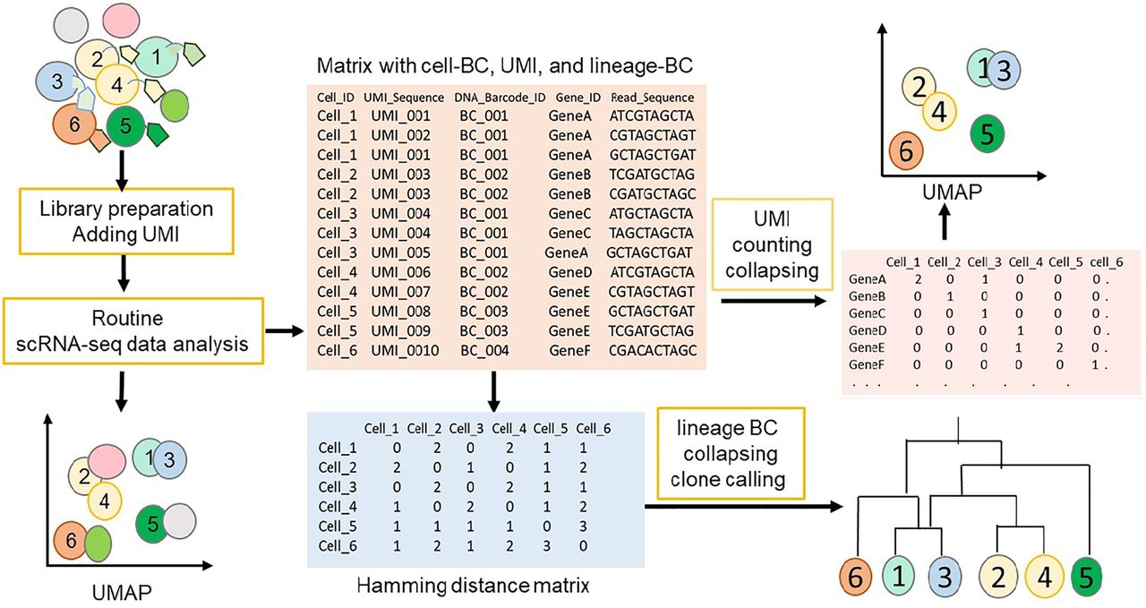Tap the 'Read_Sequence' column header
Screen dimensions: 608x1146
tap(652, 98)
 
